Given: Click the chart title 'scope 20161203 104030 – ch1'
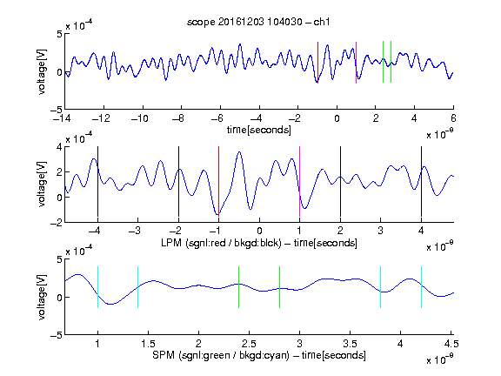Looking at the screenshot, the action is (258, 22).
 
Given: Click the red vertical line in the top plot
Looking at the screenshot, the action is (318, 63).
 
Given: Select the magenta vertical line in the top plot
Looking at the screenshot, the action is (357, 63).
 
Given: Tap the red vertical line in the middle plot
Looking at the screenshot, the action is (218, 181).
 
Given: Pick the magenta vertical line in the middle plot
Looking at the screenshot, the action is (299, 181).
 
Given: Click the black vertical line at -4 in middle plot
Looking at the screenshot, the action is (97, 181).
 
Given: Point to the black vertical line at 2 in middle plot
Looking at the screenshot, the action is (340, 181).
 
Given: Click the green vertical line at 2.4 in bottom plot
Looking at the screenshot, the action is (238, 287).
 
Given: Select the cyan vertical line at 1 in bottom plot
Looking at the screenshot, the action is (97, 287).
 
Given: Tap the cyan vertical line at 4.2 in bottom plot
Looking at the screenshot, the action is (421, 287).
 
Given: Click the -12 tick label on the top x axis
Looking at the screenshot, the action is (101, 118).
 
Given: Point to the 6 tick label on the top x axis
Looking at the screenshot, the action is (453, 118).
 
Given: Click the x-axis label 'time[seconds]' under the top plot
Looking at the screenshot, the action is (259, 130).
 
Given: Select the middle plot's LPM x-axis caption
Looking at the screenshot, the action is (259, 243).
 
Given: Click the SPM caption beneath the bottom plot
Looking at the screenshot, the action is (259, 355).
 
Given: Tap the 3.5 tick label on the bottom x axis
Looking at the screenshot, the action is (350, 344).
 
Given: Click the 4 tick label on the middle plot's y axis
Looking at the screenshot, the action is (59, 147).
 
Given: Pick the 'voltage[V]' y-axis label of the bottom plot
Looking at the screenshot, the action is (42, 297).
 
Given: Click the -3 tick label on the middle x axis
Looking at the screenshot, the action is (136, 231).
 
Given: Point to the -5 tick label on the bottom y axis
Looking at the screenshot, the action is (56, 335).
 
